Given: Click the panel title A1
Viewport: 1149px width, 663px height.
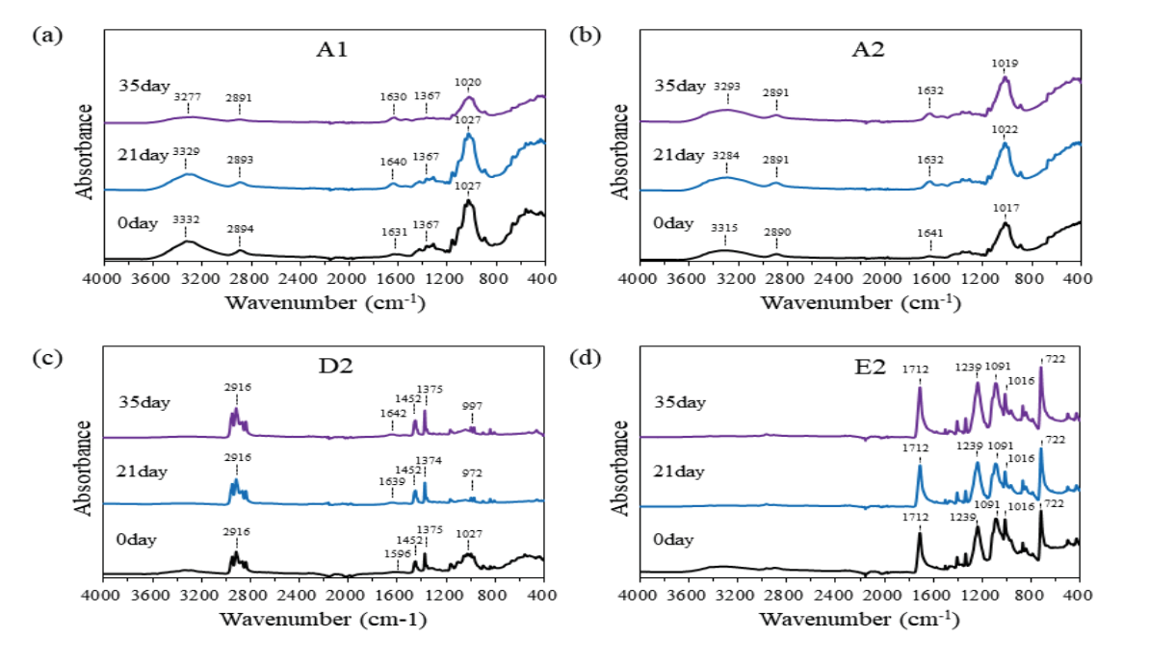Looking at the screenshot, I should click(x=327, y=51).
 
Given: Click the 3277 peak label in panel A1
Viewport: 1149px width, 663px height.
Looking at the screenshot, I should click(x=187, y=96).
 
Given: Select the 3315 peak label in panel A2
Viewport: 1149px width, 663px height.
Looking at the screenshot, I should click(x=725, y=227).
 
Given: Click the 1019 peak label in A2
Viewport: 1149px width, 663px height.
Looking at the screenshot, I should click(x=1005, y=64).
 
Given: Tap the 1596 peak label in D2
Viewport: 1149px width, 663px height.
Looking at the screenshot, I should click(x=397, y=552).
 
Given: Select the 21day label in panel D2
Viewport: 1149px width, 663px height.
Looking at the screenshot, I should click(x=143, y=472).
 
